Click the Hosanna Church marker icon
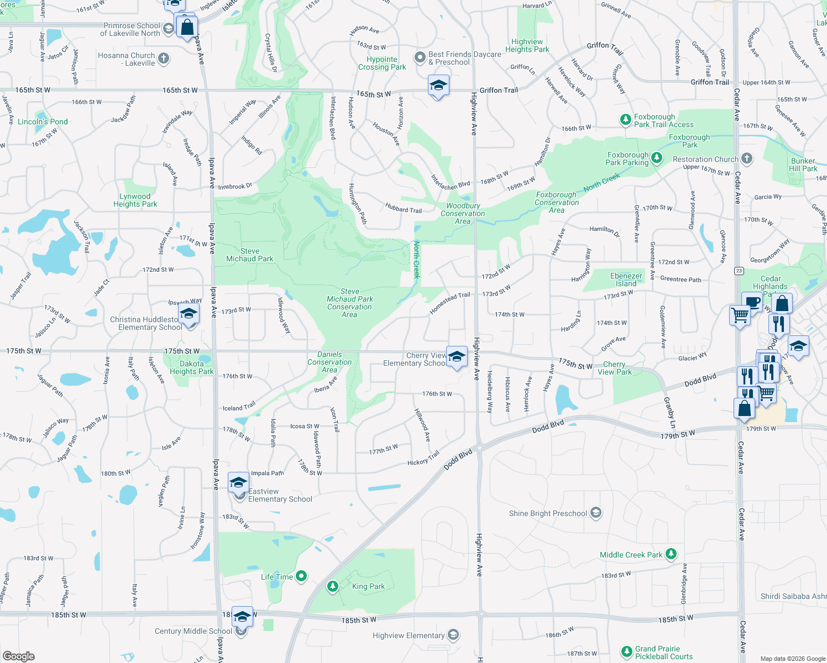(163, 58)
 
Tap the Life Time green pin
(301, 577)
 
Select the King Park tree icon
(332, 586)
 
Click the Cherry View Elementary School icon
(456, 356)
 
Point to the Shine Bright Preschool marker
(595, 513)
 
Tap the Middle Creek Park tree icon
(671, 554)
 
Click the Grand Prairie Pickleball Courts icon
(626, 653)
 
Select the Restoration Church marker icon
(747, 159)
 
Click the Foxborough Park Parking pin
(656, 159)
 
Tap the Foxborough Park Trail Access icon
(625, 120)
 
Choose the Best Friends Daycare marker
(420, 57)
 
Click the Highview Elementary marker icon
(453, 635)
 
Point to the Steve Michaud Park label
(250, 255)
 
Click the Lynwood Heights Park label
(135, 200)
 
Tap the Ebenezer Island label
(626, 280)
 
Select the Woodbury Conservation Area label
(463, 213)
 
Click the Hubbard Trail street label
(404, 209)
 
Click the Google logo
(19, 656)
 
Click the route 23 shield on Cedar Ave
(739, 271)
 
